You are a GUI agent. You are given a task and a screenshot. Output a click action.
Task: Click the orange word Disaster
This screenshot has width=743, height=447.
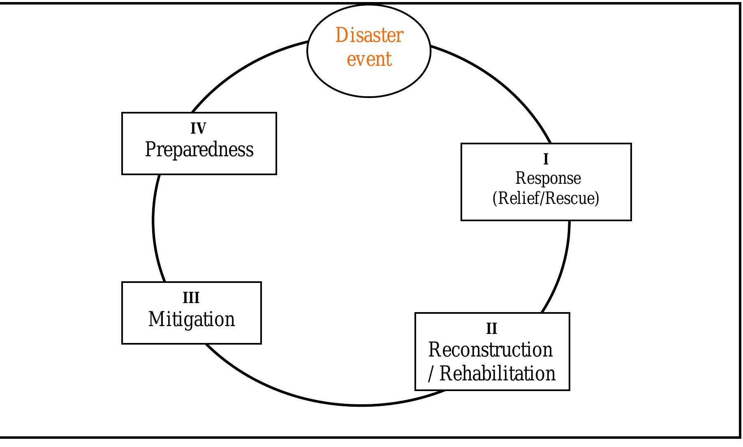[x=369, y=35]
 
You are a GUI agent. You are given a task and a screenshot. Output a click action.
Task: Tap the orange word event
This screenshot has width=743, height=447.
[x=369, y=59]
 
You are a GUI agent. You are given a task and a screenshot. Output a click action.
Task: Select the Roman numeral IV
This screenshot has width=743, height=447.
[x=198, y=129]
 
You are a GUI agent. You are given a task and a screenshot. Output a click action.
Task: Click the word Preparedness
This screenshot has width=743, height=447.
[x=199, y=149]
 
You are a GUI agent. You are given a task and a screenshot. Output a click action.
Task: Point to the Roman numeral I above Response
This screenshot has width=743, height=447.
[x=546, y=159]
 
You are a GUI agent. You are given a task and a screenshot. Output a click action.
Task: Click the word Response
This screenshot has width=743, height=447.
[x=548, y=178]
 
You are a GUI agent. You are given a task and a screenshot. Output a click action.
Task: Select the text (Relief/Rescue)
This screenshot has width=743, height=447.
[x=546, y=198]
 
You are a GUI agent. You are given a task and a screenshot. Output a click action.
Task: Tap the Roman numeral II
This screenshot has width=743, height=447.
[x=491, y=329]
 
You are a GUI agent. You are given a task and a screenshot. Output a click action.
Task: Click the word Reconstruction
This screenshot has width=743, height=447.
[x=490, y=350]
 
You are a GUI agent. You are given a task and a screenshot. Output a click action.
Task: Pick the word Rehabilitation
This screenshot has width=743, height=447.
[x=498, y=374]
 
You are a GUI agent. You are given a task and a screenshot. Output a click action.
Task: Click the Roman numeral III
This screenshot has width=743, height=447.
[x=191, y=298]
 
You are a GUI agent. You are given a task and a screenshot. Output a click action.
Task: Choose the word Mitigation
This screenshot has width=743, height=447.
[x=191, y=320]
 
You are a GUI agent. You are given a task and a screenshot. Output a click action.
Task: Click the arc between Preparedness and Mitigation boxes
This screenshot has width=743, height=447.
[x=153, y=228]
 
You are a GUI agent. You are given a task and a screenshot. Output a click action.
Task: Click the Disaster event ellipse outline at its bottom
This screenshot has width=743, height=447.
[x=369, y=97]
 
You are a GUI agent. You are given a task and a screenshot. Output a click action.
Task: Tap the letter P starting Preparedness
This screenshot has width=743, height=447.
[x=150, y=149]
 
